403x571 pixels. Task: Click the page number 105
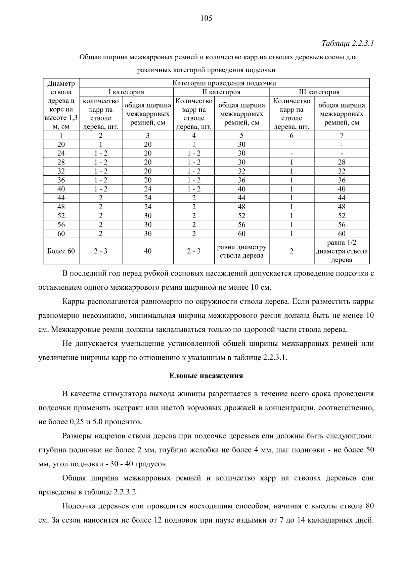(x=206, y=19)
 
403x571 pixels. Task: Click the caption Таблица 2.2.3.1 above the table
(x=348, y=44)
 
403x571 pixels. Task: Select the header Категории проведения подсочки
(x=224, y=83)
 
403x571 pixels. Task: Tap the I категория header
(x=126, y=92)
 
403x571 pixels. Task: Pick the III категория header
(x=319, y=92)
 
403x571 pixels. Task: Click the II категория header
(x=221, y=92)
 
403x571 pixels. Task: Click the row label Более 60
(x=61, y=251)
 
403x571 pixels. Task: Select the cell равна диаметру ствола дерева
(x=241, y=251)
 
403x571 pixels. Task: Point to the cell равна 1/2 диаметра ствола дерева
(x=342, y=251)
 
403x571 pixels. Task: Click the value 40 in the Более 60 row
(x=148, y=251)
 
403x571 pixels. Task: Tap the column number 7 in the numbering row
(x=342, y=135)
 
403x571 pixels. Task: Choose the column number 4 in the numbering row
(x=194, y=135)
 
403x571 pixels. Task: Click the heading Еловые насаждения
(x=206, y=376)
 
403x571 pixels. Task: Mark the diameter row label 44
(x=61, y=198)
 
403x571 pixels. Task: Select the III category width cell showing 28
(x=342, y=162)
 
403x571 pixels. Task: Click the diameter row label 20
(x=61, y=144)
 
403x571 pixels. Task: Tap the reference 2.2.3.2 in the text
(x=125, y=492)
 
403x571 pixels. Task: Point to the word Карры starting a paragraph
(x=74, y=301)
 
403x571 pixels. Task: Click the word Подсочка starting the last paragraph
(x=79, y=506)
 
